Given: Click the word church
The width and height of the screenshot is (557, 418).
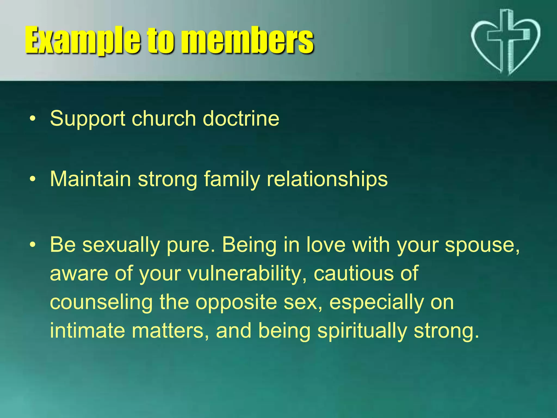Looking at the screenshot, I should (164, 119).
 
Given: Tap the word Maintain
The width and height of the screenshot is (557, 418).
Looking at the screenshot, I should (90, 179).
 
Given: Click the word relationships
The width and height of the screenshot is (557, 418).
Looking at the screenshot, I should (327, 179).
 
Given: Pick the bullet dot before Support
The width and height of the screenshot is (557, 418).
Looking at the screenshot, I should (33, 119).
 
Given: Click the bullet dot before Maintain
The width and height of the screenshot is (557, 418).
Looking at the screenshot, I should (33, 179).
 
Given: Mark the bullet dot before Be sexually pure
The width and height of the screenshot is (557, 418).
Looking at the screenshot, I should (33, 245).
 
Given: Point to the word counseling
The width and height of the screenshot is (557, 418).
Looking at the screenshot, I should (101, 302).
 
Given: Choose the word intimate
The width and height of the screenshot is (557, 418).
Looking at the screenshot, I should (87, 331).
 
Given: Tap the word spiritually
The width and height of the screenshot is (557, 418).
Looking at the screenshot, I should (362, 331).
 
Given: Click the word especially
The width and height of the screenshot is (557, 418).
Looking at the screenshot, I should (376, 302).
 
